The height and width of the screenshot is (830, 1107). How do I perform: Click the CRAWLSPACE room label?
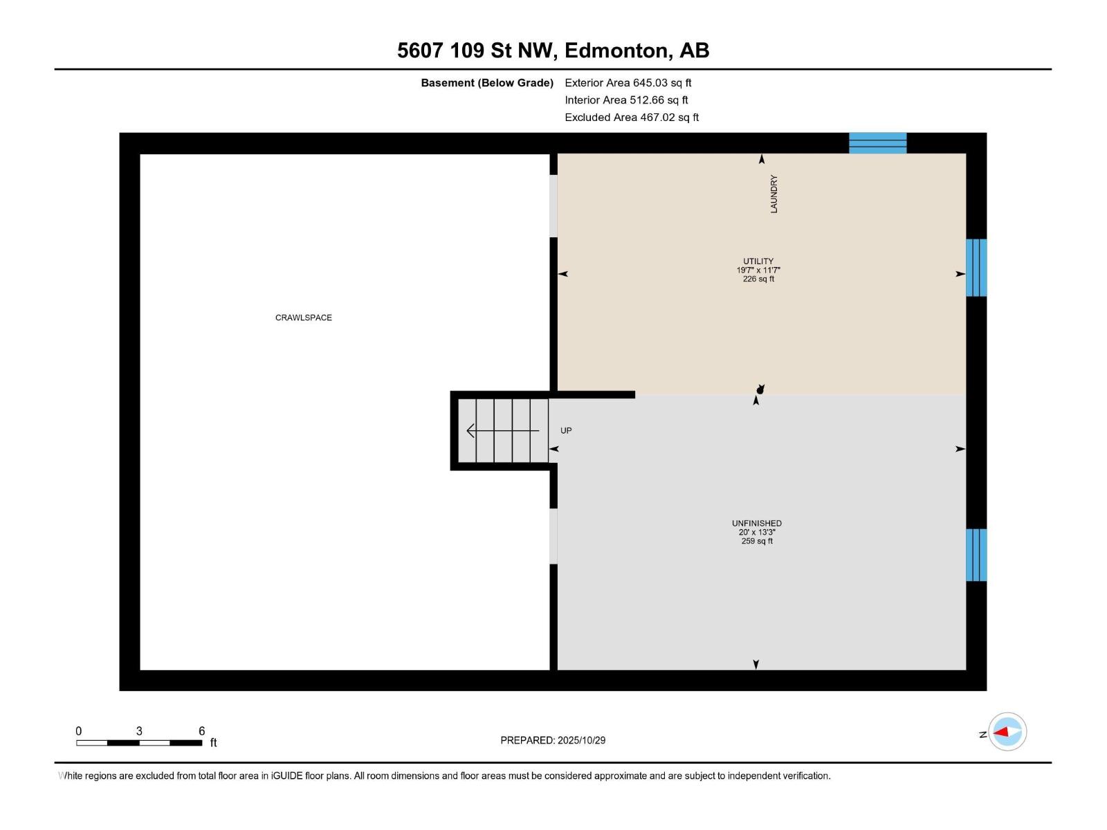click(x=304, y=318)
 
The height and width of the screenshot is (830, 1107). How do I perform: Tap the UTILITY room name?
click(x=758, y=261)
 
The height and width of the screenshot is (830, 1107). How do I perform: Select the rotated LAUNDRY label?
click(x=774, y=194)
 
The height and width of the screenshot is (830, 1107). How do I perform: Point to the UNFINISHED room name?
click(x=757, y=524)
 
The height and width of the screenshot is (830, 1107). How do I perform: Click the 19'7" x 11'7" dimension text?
click(x=758, y=270)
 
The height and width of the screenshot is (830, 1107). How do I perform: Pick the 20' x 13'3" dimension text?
click(x=757, y=533)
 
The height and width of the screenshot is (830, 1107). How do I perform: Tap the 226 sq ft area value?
click(x=758, y=279)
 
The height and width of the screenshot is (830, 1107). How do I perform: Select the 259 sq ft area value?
click(x=757, y=542)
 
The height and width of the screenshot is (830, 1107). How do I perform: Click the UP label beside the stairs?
click(x=566, y=431)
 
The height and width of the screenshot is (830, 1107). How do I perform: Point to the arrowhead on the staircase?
click(x=471, y=431)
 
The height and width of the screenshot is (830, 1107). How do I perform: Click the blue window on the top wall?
click(x=877, y=143)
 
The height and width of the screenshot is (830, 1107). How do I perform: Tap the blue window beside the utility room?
click(x=976, y=268)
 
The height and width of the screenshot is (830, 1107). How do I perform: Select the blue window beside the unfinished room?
click(x=976, y=555)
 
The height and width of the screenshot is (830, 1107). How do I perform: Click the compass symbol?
click(x=1007, y=732)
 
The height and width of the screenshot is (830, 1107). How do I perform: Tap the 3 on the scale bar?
click(x=139, y=731)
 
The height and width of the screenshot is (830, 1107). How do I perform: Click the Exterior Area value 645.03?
click(x=650, y=83)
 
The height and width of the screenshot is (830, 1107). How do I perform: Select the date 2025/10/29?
click(x=581, y=740)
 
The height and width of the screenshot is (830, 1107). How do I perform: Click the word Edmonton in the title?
click(x=618, y=50)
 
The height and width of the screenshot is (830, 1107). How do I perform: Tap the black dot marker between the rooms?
click(x=760, y=391)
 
